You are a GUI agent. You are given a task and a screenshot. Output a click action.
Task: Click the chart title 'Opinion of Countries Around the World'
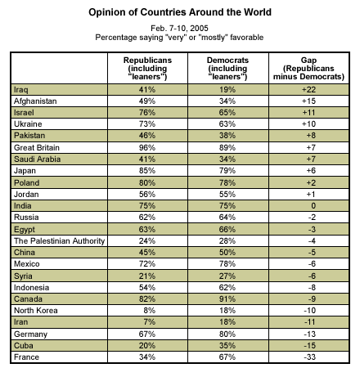180,12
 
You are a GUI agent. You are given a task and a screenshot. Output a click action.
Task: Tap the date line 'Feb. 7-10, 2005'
179,29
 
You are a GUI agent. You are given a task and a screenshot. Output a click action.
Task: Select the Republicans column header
147,69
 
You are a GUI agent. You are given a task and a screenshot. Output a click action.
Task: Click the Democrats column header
227,69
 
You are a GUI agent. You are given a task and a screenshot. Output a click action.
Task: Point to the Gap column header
308,69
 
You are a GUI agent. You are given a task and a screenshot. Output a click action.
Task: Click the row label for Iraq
21,90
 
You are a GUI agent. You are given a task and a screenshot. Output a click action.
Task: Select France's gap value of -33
309,357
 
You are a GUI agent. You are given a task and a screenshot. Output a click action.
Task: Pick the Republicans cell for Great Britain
147,147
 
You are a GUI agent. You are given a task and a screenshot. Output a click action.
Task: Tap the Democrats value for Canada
227,299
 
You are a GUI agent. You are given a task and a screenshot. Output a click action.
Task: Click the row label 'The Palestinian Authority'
59,241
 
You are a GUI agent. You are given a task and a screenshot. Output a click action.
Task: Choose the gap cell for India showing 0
313,206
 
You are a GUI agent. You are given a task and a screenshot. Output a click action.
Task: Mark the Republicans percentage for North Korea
150,311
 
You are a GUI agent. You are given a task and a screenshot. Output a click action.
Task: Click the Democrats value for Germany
227,334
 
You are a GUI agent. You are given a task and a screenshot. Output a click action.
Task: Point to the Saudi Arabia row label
37,159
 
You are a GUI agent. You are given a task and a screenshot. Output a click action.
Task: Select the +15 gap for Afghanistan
308,101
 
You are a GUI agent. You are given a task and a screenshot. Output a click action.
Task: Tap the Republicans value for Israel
147,113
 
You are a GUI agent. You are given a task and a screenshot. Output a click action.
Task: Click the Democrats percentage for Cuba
227,345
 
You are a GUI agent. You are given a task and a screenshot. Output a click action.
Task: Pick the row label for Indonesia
32,288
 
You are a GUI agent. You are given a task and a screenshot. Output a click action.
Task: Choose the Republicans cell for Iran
150,322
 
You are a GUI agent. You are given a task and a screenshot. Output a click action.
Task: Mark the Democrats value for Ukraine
227,124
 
